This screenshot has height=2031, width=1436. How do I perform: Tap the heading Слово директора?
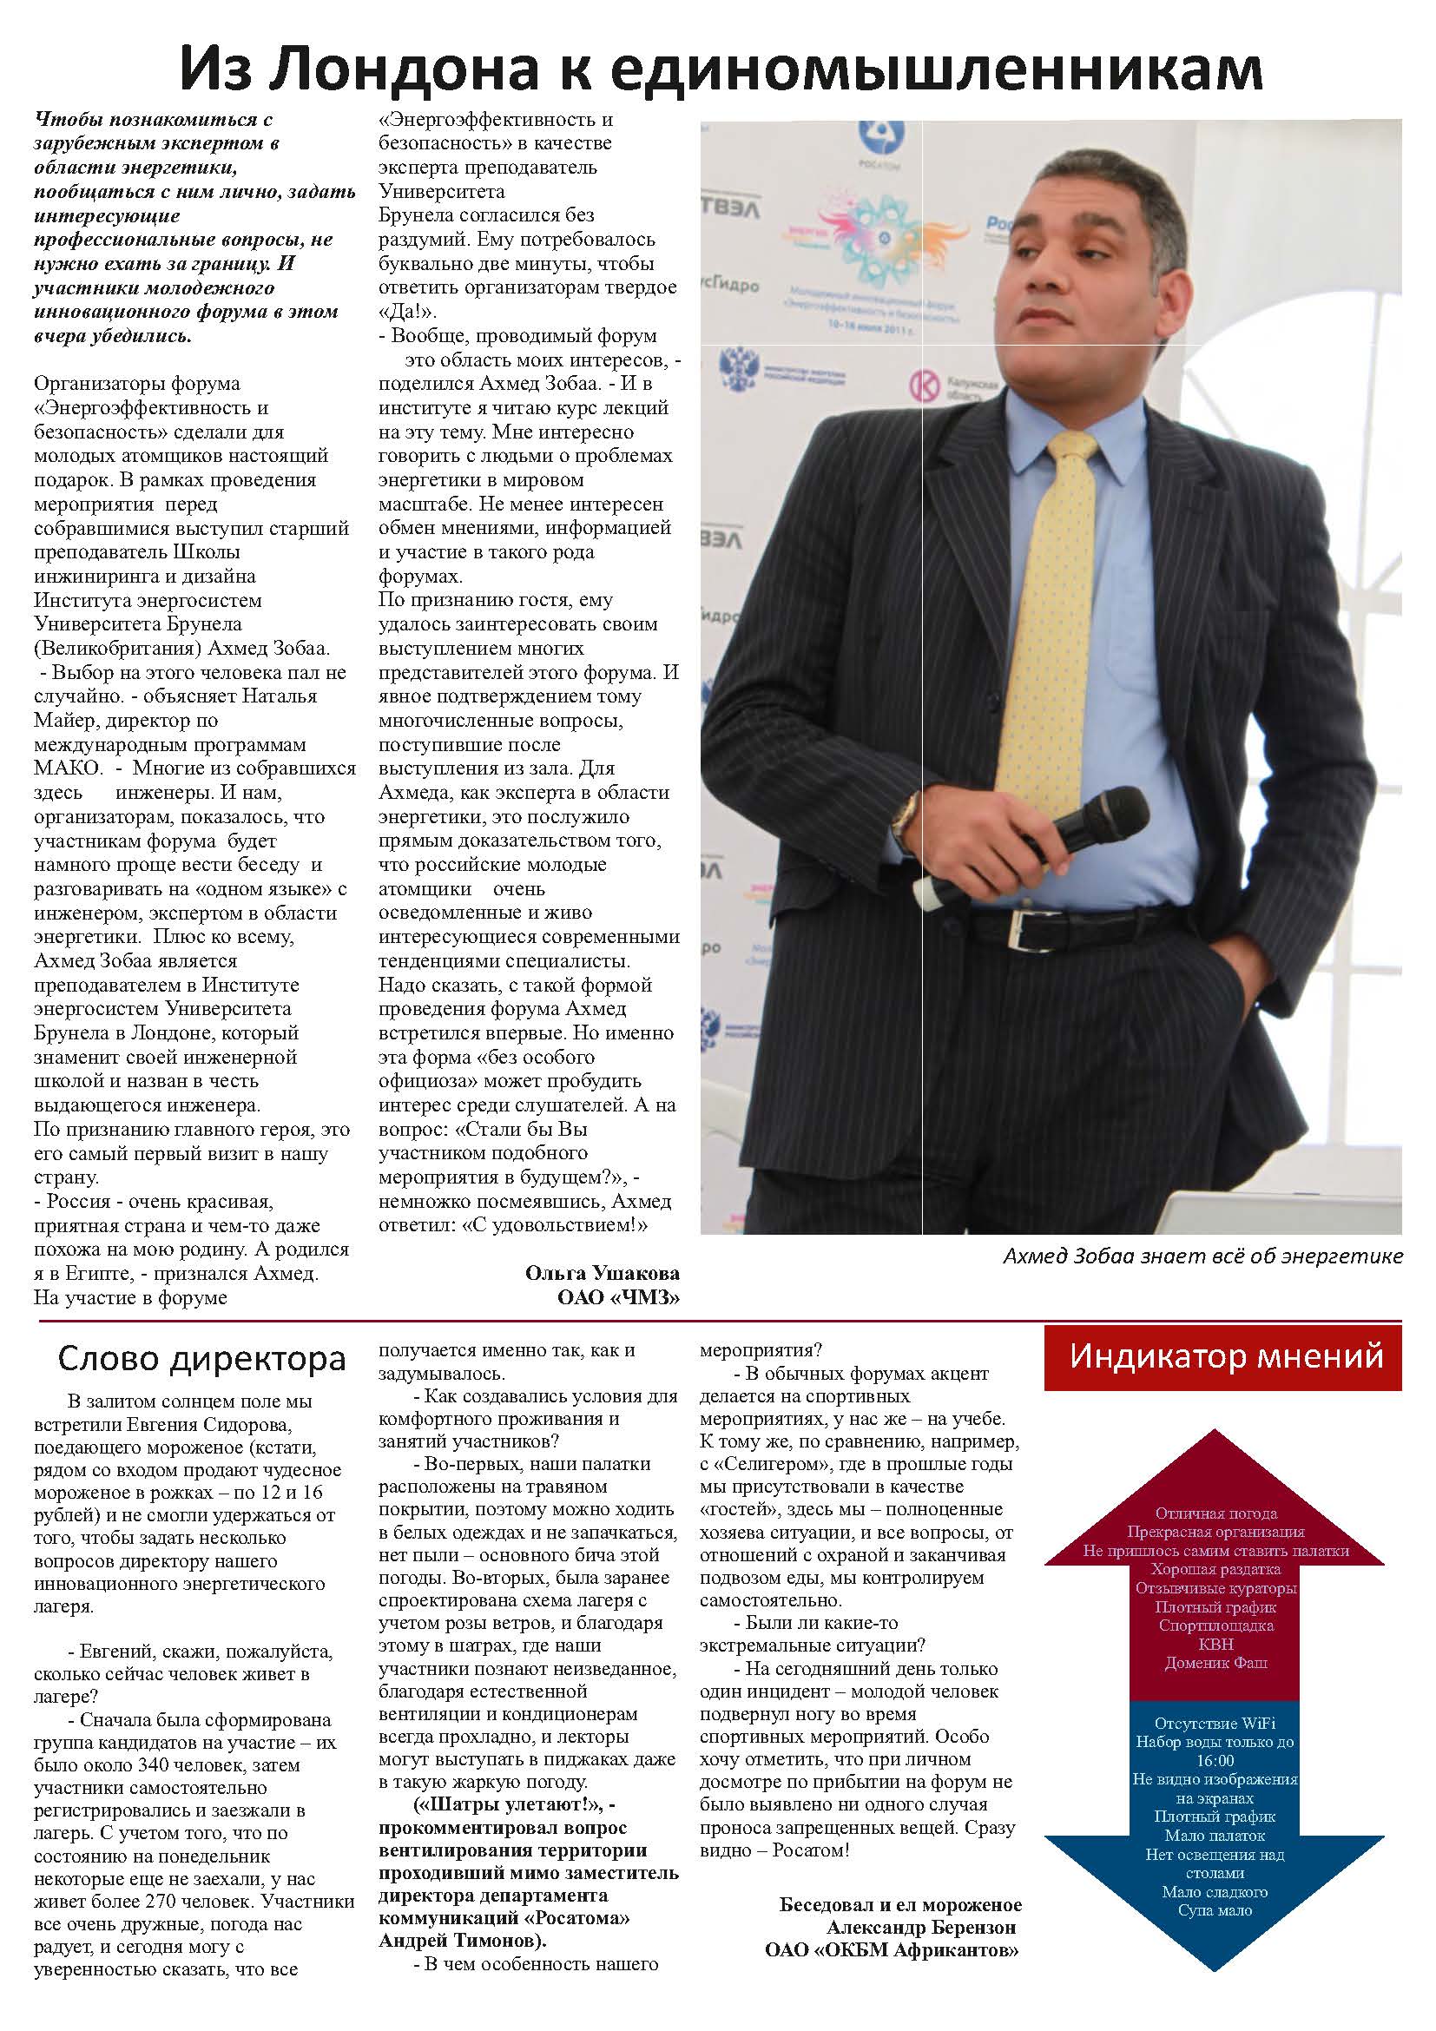(201, 1359)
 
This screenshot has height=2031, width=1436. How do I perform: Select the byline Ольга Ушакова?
(603, 1273)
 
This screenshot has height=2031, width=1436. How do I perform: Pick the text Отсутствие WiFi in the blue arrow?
(1214, 1723)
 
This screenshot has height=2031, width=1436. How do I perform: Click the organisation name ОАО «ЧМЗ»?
(618, 1296)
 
